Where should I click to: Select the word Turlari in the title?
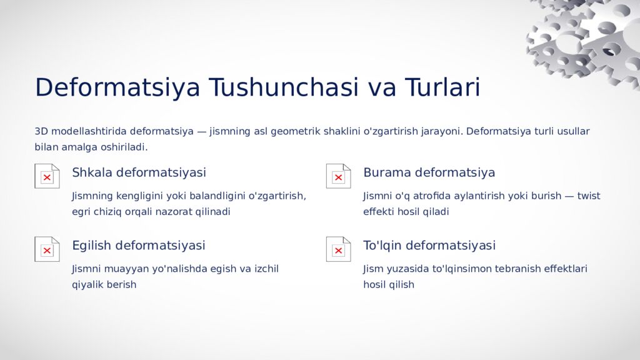click(442, 87)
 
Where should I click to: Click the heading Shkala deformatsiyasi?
click(139, 172)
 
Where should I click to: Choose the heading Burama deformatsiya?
click(429, 172)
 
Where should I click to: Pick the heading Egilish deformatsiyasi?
click(138, 246)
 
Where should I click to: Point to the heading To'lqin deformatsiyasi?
click(429, 246)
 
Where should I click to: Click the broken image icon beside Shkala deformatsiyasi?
click(47, 176)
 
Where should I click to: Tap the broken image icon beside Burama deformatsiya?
click(338, 176)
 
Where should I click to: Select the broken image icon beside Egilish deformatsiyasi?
click(47, 249)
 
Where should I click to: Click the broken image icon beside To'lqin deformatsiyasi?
click(338, 249)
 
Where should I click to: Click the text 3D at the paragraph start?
click(41, 131)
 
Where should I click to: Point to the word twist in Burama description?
click(588, 196)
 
